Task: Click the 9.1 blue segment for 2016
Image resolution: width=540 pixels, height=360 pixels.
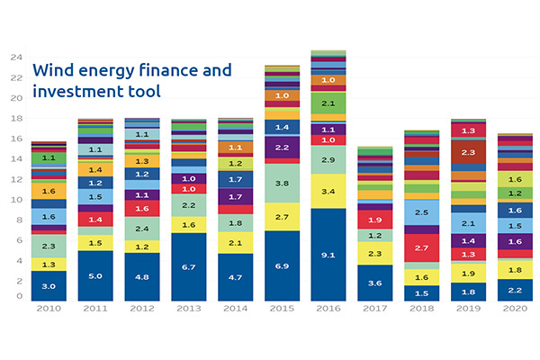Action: tap(328, 254)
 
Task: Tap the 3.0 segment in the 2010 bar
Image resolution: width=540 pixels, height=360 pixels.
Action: tap(49, 285)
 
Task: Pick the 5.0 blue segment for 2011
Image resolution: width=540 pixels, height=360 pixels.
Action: tap(95, 275)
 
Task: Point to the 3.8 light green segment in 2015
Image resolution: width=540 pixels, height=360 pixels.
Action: tap(282, 183)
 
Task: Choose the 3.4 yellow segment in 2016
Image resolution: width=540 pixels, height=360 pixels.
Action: tap(328, 191)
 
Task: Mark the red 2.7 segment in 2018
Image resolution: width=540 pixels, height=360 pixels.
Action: tap(421, 247)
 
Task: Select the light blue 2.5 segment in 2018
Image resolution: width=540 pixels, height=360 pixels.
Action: tap(421, 212)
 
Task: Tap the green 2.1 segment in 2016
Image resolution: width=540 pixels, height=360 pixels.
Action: tap(328, 103)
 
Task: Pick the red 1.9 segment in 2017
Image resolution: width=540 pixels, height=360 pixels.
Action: tap(375, 219)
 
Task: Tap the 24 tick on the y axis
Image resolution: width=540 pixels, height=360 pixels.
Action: tap(15, 57)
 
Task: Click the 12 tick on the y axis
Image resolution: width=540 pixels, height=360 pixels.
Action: tap(15, 178)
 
